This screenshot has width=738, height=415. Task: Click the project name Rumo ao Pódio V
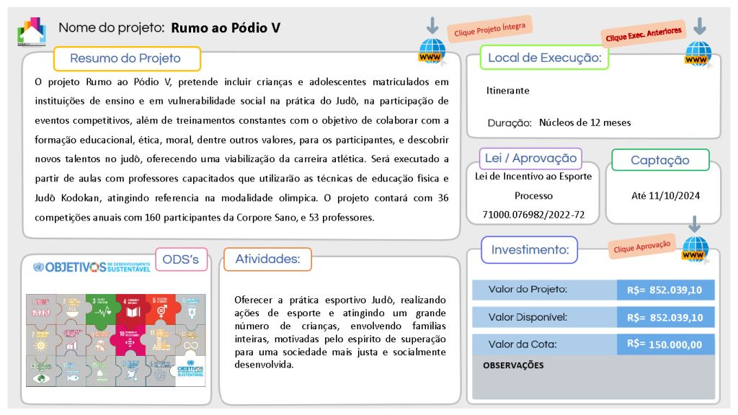coord(226,28)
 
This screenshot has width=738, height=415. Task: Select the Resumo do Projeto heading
coord(125,58)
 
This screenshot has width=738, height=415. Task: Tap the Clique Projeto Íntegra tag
coord(490,29)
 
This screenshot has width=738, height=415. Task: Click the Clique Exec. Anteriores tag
coord(644,35)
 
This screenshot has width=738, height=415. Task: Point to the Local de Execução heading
coord(544,58)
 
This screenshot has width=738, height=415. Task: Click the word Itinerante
coord(508,91)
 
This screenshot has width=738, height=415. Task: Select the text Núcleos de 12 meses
coord(584,122)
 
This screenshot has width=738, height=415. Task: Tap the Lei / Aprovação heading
coord(530,159)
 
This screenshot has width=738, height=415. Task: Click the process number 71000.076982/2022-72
coord(533,215)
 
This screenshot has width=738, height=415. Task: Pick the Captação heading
coord(659,160)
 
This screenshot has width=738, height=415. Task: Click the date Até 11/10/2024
coord(664,195)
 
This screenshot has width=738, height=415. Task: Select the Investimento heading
coord(530,250)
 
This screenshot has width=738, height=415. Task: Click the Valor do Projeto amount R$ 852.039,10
coord(665,290)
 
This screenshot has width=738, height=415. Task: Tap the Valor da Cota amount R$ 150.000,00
coord(665,344)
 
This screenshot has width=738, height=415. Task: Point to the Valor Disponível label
coord(528,316)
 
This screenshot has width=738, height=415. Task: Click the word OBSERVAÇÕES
coord(513,365)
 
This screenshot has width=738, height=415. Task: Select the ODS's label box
coord(180,259)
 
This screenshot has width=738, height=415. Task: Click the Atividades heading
coord(267,259)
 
